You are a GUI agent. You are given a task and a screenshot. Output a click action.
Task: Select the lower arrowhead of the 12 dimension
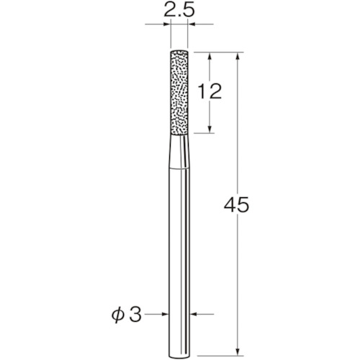[210, 128]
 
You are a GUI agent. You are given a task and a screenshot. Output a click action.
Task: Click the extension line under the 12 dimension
[205, 132]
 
